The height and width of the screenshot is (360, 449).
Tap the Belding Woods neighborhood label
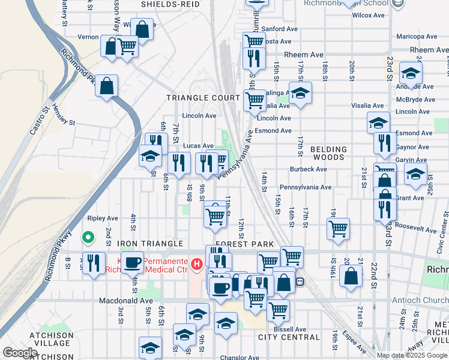pyautogui.click(x=329, y=154)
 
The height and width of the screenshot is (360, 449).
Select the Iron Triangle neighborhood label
pyautogui.click(x=150, y=244)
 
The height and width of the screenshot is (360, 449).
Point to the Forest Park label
pyautogui.click(x=244, y=244)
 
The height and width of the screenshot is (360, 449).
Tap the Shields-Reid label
pyautogui.click(x=170, y=4)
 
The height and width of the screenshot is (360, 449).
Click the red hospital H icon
pyautogui.click(x=196, y=263)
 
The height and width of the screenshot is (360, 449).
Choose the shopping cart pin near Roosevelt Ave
pyautogui.click(x=339, y=228)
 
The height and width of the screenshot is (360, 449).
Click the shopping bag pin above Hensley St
pyautogui.click(x=106, y=86)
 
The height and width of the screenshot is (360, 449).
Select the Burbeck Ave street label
pyautogui.click(x=308, y=169)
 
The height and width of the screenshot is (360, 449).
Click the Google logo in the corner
pyautogui.click(x=19, y=353)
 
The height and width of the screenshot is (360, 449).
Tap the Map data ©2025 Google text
pyautogui.click(x=412, y=355)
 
